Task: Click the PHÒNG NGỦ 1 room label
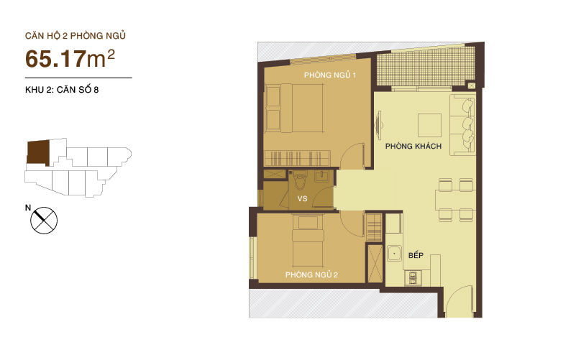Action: coord(330,75)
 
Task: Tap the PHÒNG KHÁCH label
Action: coord(413,146)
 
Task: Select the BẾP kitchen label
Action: coord(416,255)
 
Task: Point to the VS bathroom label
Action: coord(302,198)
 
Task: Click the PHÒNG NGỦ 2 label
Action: coord(311,274)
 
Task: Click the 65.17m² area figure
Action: coord(70,58)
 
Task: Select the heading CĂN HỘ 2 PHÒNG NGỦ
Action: coord(76,36)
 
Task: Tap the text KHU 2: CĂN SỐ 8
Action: coord(62,90)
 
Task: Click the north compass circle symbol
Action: coord(44,221)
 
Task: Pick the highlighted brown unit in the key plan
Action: coord(38,152)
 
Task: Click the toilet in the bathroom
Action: coord(300,180)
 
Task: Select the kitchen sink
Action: coord(394,253)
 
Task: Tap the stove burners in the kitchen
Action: coord(413,278)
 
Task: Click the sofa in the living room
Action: coord(462,125)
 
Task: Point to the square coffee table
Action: coord(429,125)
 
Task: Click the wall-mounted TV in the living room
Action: coord(379,125)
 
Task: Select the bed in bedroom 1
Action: coord(295,108)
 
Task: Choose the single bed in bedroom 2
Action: coord(308,241)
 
